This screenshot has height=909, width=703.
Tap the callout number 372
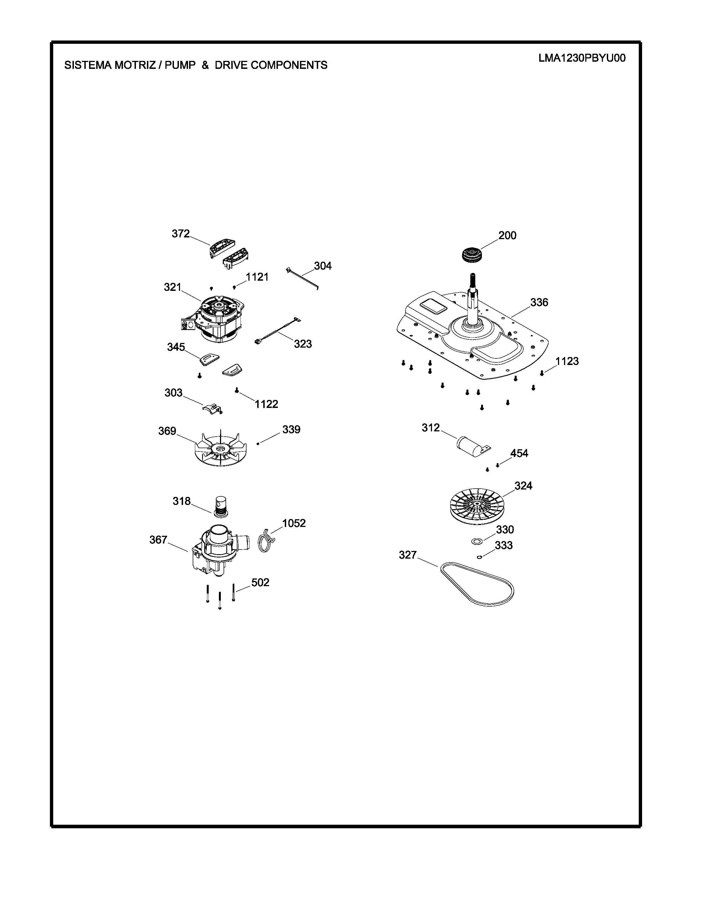[x=181, y=234]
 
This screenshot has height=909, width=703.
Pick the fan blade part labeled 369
[x=219, y=449]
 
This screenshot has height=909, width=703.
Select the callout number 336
[x=539, y=302]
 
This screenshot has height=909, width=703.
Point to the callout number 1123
[x=567, y=361]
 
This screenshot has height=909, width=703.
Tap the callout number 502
[x=260, y=583]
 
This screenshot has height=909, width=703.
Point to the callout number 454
[x=519, y=453]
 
